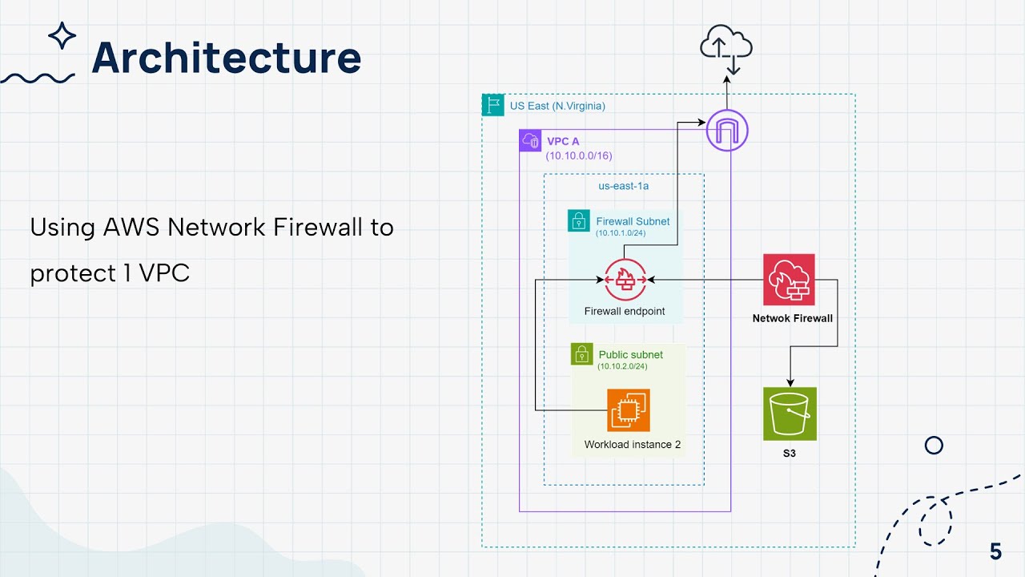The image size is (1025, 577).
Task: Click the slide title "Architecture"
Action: [227, 58]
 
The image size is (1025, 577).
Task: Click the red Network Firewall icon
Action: [788, 280]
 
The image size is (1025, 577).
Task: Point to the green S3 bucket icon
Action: [789, 414]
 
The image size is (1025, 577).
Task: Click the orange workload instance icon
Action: [628, 410]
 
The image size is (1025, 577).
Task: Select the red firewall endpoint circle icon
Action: [625, 280]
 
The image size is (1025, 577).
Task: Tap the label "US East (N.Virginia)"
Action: [557, 105]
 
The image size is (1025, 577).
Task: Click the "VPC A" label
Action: [563, 142]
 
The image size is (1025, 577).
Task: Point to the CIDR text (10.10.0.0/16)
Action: [578, 156]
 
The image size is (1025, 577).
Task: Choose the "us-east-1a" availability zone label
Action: [623, 186]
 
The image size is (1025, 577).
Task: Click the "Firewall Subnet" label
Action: [633, 221]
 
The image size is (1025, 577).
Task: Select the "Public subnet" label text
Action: [630, 354]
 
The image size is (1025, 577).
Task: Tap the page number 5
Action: [995, 552]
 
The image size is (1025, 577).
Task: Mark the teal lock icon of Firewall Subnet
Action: [578, 221]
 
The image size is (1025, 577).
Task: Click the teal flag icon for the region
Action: [492, 105]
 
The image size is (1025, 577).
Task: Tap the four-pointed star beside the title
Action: [62, 36]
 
